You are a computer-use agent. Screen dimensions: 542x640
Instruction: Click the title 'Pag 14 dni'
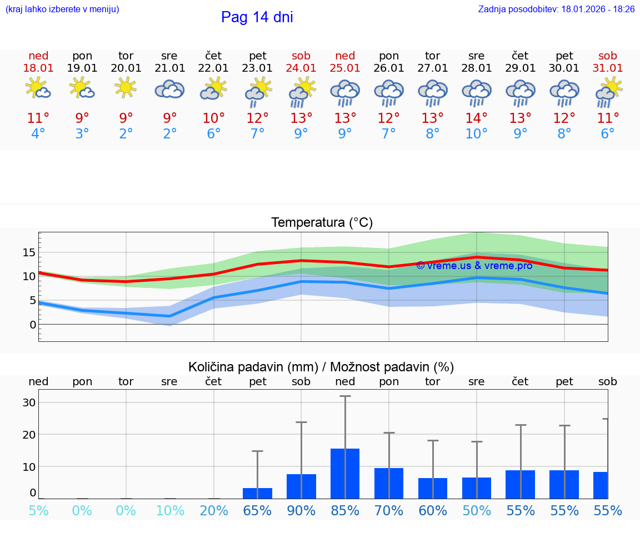coord(257,17)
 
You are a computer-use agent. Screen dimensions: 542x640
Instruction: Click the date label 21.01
coord(170,68)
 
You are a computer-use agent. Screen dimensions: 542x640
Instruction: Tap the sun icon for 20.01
coord(126,87)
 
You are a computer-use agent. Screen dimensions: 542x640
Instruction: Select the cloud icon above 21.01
coord(169,89)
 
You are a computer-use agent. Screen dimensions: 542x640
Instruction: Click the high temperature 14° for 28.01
coord(476,118)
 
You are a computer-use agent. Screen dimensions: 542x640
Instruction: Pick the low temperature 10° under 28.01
coord(476,134)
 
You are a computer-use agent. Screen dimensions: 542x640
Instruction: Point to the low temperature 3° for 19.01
coord(82,134)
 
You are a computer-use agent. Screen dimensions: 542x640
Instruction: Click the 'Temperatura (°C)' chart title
coord(322,223)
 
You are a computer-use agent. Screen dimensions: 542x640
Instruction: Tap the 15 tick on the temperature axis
coord(29,253)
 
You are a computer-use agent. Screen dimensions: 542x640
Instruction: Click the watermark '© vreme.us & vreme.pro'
coord(474,266)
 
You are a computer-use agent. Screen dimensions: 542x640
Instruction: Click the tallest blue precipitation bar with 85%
coord(345,473)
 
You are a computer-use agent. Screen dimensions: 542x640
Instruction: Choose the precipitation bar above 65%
coord(257,493)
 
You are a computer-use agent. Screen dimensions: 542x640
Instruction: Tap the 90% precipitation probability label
coord(301,511)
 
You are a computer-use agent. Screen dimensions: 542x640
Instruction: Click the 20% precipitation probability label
coord(214,511)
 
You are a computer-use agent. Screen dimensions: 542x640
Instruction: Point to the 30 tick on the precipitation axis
coord(29,402)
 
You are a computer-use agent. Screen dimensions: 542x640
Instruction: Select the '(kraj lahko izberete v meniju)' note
coord(62,9)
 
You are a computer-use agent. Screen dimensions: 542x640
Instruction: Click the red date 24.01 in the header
coord(301,68)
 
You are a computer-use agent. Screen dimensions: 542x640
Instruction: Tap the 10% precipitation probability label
coord(170,511)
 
